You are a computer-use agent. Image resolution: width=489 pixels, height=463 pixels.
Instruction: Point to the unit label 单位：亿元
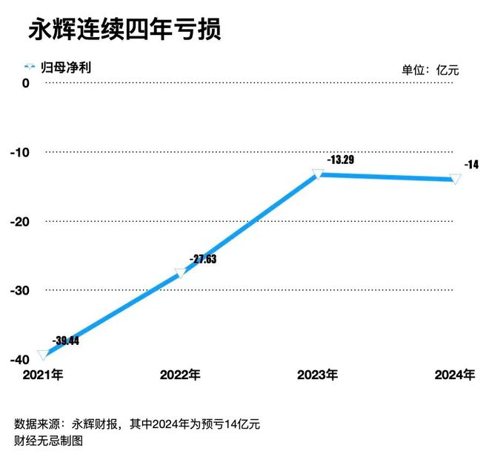[x=430, y=70]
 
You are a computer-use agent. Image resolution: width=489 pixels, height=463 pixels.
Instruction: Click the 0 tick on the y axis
[x=26, y=84]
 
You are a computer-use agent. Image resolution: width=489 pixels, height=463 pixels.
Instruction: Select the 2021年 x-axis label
[x=43, y=375]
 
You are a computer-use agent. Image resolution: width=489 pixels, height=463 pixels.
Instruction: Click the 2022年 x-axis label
[x=180, y=375]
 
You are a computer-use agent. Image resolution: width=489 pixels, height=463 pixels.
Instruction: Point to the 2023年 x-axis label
[x=318, y=375]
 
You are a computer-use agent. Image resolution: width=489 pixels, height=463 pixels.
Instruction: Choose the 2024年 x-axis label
[x=454, y=375]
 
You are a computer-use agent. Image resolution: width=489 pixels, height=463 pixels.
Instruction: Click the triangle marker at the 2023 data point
[x=318, y=174]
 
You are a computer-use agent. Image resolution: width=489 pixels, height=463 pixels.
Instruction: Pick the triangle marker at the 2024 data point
[x=455, y=179]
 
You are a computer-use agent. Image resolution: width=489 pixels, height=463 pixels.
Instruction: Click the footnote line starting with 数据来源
[x=137, y=424]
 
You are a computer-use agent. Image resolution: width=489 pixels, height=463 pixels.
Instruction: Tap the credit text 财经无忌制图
[x=48, y=441]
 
